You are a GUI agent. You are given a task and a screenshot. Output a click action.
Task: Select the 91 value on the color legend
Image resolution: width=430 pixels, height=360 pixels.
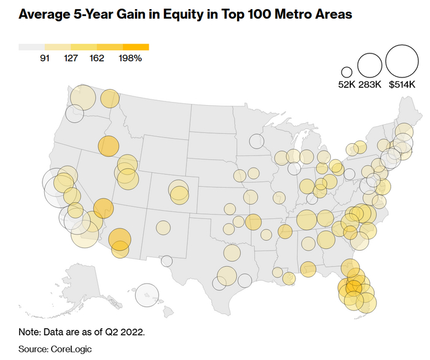45,59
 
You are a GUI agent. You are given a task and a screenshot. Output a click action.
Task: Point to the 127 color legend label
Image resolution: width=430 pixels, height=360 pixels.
71,59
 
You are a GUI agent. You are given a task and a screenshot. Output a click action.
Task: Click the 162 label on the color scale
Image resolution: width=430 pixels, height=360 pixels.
96,59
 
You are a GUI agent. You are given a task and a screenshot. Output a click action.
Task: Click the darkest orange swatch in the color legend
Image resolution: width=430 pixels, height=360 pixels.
136,47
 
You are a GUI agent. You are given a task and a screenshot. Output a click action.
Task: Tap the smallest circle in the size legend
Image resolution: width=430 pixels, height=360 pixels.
347,72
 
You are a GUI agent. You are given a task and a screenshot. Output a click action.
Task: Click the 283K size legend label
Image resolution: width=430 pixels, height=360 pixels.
370,86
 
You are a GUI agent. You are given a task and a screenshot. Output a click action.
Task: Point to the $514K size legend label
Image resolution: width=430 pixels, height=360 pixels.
402,86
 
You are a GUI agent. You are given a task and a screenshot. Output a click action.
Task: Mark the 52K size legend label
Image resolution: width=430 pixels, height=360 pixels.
346,86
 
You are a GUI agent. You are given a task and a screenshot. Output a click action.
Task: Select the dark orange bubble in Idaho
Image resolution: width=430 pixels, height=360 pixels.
108,147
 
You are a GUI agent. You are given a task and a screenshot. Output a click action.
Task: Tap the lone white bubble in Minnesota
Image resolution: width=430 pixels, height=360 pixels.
256,141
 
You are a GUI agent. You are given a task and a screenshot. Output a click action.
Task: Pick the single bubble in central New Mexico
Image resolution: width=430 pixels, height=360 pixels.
163,228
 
